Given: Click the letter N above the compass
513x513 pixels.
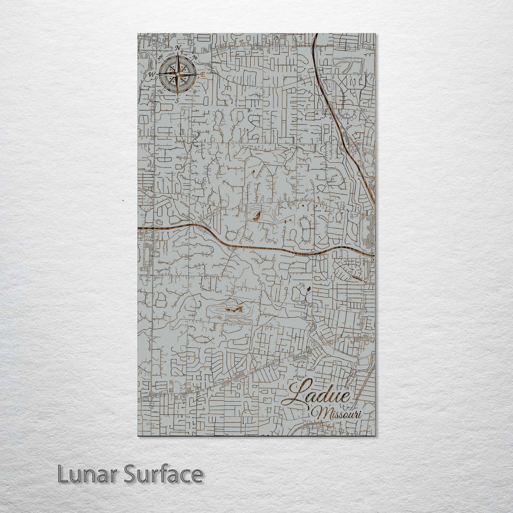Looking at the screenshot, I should tap(178, 48).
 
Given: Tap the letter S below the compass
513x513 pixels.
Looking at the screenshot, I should tap(177, 101).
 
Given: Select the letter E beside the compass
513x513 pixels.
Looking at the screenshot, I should tap(203, 75).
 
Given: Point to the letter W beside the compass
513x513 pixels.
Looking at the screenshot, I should tap(151, 75).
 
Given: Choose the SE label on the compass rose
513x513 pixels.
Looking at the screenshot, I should tap(194, 91).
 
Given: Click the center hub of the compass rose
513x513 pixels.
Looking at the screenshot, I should tap(178, 75).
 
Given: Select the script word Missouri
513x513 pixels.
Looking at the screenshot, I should tap(339, 413).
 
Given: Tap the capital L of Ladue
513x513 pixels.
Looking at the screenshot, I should tap(297, 392).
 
